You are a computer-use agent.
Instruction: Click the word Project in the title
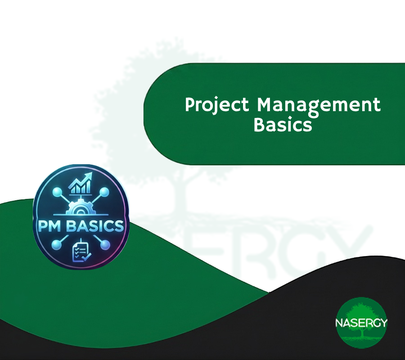click(217, 105)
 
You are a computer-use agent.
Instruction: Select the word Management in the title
click(319, 105)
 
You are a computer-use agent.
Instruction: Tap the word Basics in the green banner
click(283, 125)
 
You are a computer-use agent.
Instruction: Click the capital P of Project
click(190, 104)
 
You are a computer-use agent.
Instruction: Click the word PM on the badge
click(49, 226)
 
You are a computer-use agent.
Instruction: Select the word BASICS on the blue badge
click(95, 226)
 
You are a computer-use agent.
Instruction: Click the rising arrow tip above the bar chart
click(90, 175)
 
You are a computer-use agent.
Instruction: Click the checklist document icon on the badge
click(80, 251)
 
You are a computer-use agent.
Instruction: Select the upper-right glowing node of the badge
click(104, 193)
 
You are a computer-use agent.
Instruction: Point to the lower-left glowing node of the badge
click(57, 245)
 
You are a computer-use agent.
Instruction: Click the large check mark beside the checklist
click(87, 256)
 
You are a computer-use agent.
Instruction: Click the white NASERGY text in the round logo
click(361, 323)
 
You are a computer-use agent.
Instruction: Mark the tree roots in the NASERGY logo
click(362, 340)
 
